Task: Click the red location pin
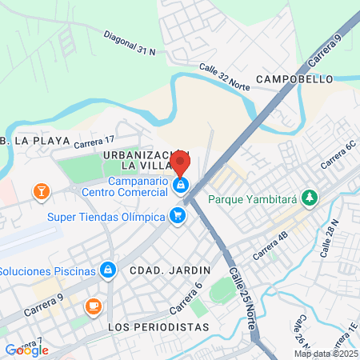click(180, 162)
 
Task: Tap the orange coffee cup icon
click(94, 306)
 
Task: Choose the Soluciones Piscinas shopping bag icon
click(107, 270)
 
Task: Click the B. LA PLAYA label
click(26, 141)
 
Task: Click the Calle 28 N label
click(330, 238)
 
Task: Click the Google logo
click(26, 350)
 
